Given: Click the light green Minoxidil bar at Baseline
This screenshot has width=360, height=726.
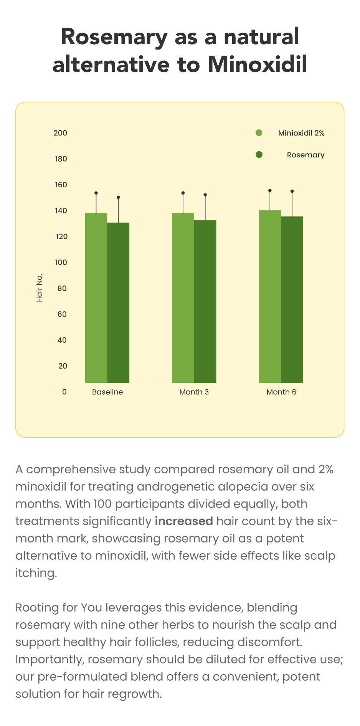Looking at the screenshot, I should [96, 298].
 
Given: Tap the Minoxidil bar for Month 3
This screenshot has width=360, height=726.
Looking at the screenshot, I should [183, 298].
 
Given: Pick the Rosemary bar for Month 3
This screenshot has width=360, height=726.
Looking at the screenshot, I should [205, 301].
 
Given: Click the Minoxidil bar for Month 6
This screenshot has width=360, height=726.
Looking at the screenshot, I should [270, 296].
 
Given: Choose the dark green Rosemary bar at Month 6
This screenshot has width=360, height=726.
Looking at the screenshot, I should [292, 299].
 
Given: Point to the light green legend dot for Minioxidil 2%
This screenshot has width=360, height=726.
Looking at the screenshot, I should [259, 133].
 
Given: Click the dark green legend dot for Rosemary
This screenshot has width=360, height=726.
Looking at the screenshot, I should [259, 155].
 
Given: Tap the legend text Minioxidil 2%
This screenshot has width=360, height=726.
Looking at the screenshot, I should [301, 133].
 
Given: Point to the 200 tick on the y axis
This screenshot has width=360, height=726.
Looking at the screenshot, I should [60, 133].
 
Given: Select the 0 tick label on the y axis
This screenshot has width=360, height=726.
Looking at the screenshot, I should [64, 392].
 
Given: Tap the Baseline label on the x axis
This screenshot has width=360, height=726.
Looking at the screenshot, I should [107, 392].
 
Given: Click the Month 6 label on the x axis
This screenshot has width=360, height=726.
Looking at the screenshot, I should [281, 392].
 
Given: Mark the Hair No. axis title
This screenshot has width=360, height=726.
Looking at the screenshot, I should [39, 288].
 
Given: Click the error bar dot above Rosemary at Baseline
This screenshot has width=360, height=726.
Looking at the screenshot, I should [118, 197].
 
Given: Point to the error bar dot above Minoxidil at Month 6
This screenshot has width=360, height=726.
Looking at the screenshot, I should [270, 190].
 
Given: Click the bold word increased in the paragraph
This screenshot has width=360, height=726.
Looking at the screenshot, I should [184, 521].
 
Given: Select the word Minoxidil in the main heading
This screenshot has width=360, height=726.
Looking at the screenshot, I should [258, 64].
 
